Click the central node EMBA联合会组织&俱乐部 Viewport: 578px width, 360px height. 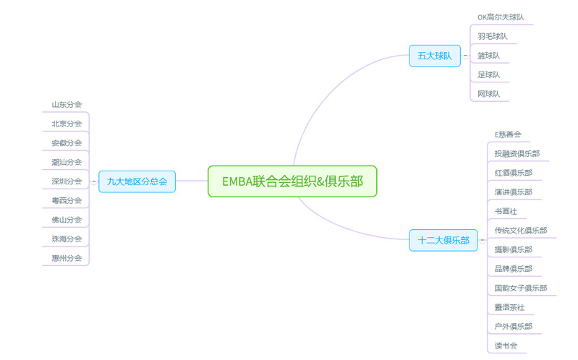click(292, 181)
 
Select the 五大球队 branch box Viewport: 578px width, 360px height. click(435, 55)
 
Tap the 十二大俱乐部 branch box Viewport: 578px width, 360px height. click(443, 240)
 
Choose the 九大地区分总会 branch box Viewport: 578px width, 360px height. click(137, 181)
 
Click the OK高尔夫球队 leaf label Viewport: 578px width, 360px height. click(501, 17)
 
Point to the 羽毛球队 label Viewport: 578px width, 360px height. click(492, 36)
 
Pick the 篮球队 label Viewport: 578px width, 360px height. click(488, 55)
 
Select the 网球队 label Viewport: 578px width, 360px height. click(488, 94)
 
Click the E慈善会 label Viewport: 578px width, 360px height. click(507, 134)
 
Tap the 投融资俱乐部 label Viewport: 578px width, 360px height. click(517, 153)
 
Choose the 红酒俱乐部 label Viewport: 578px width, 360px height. click(513, 173)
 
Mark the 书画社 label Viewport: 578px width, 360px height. click(506, 211)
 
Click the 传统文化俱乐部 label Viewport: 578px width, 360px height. click(520, 231)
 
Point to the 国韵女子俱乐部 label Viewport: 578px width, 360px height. click(520, 288)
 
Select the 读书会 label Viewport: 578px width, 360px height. click(506, 346)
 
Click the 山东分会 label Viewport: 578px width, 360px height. click(67, 104)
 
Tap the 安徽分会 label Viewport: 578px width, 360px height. click(67, 142)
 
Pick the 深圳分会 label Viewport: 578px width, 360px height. click(67, 181)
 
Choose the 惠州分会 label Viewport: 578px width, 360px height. click(67, 258)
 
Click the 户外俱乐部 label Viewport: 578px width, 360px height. click(513, 326)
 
